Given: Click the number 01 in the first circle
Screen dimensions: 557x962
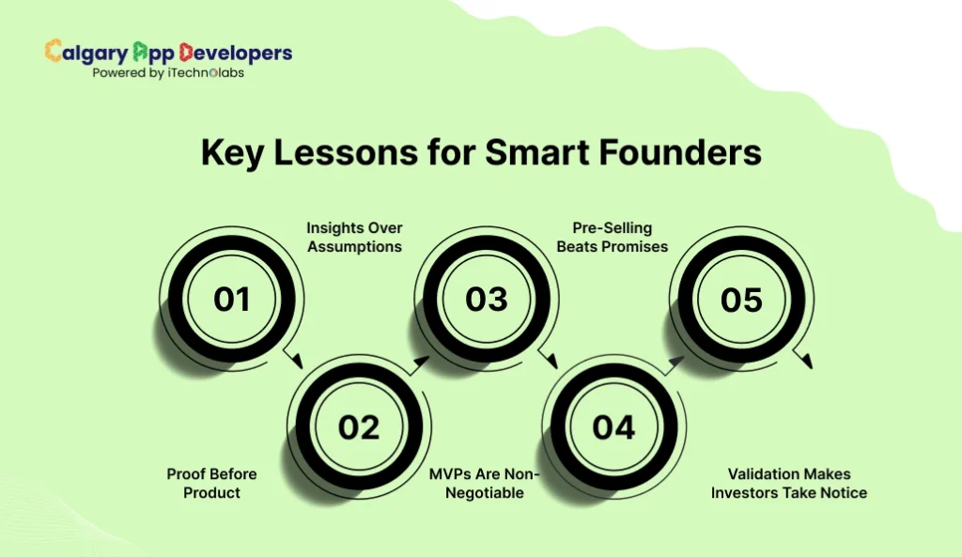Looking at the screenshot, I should point(231,300).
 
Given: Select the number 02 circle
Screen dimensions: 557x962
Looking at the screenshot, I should point(359,427).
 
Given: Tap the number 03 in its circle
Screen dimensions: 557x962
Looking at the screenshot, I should point(487,300).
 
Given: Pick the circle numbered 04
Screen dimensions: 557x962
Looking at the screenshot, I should point(614,427).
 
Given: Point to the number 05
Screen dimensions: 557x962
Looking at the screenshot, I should point(741,300).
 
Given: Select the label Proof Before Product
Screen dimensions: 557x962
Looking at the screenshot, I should point(211,483).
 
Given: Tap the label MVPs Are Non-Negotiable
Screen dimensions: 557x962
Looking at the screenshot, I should point(486,483).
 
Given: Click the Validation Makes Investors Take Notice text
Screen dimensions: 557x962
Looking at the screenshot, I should point(788,483).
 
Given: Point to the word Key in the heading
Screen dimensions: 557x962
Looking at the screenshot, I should point(230,153).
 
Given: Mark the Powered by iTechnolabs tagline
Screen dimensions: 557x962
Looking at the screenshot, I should point(168,73).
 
